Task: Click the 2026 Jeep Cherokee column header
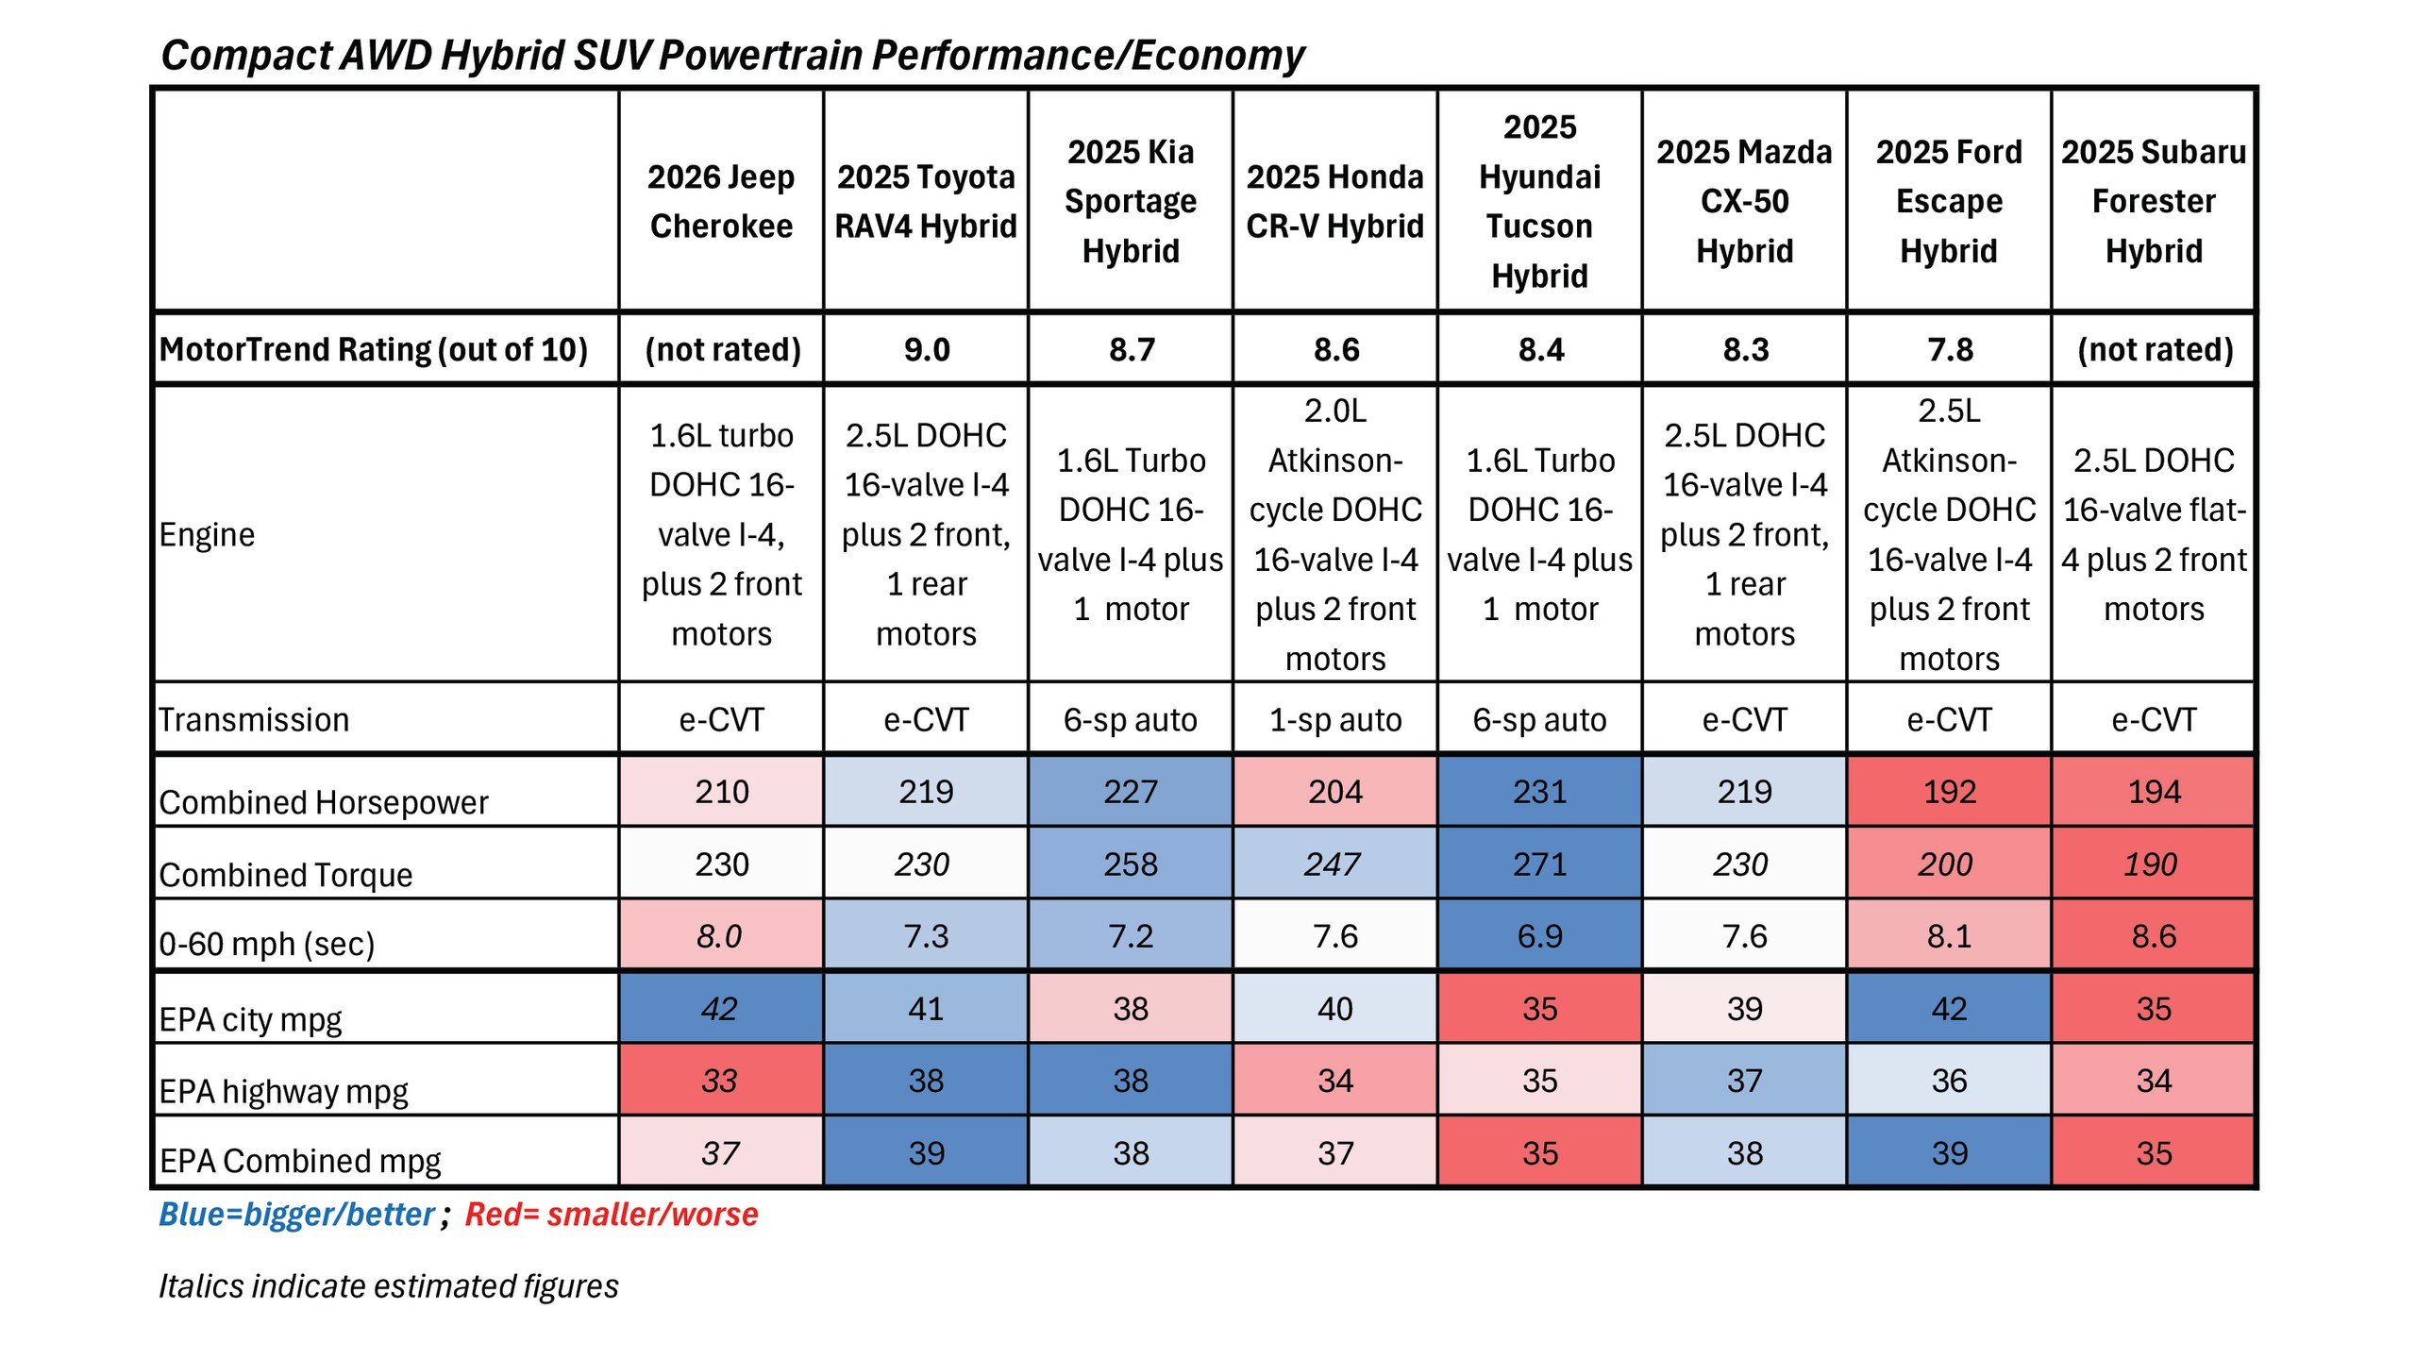tap(721, 201)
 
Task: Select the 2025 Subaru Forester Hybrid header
tap(2153, 201)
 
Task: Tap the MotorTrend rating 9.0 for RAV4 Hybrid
tap(926, 349)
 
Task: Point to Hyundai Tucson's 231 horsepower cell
tap(1539, 791)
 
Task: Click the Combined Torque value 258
tap(1130, 864)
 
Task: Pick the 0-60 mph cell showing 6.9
tap(1539, 935)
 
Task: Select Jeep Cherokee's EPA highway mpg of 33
tap(719, 1080)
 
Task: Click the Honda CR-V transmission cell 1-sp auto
tap(1334, 719)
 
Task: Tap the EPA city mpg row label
tap(250, 1019)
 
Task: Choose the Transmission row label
tap(253, 719)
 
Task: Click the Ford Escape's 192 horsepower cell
tap(1949, 791)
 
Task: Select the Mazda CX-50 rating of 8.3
tap(1744, 349)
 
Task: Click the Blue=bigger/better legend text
tap(296, 1214)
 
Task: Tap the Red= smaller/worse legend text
tap(612, 1214)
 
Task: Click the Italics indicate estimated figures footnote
tap(388, 1285)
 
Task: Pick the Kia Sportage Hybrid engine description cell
tap(1130, 534)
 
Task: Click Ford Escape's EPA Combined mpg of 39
tap(1949, 1152)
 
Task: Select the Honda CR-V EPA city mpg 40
tap(1334, 1008)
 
